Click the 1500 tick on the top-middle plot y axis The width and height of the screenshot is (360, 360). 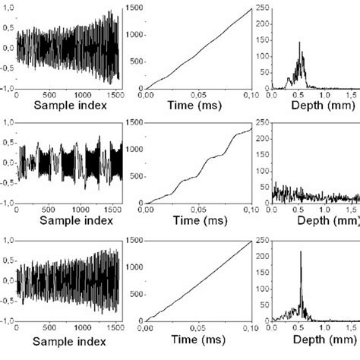point(133,7)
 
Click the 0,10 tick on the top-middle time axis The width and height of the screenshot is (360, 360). point(250,93)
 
